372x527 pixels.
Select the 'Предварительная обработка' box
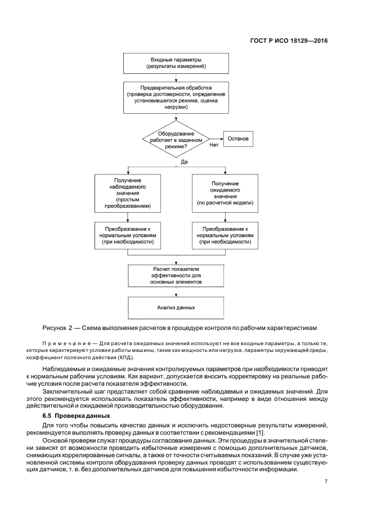tap(177, 97)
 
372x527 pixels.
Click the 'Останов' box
tap(241, 139)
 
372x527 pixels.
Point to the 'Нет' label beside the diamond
tap(214, 145)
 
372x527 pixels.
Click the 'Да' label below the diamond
tap(184, 162)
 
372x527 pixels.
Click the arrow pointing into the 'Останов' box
tap(218, 139)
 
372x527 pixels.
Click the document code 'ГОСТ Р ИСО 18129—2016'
tap(289, 41)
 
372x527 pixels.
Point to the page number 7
tap(326, 481)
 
